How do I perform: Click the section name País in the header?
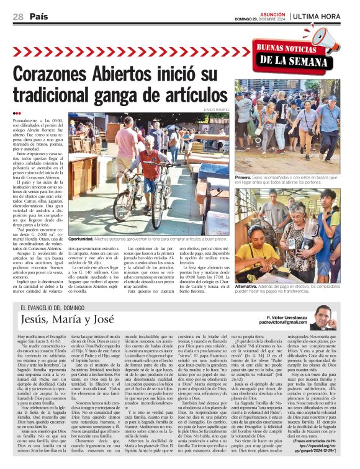38,18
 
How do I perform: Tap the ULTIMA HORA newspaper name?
317,18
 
